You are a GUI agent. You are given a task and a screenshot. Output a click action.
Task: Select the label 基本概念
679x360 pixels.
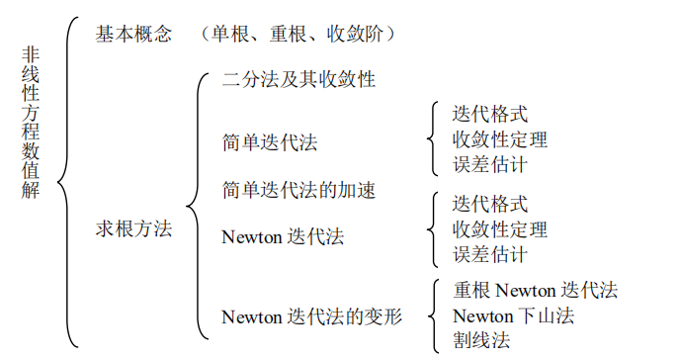tap(132, 34)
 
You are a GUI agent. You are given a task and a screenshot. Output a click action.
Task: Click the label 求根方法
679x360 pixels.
tap(132, 228)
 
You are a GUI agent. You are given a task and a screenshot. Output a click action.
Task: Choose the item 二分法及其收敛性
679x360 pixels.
tap(298, 79)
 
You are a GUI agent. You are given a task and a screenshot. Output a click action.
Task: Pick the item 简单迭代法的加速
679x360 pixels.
tap(298, 190)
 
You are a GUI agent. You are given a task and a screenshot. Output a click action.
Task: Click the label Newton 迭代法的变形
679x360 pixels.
tap(312, 316)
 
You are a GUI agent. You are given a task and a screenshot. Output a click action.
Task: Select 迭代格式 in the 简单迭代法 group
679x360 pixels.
tap(490, 114)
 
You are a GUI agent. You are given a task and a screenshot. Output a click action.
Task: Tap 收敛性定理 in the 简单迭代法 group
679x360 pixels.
tap(500, 139)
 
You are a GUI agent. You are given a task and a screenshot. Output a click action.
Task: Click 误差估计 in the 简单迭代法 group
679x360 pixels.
tap(490, 164)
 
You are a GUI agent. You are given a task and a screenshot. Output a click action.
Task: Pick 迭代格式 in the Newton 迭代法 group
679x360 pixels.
tap(490, 205)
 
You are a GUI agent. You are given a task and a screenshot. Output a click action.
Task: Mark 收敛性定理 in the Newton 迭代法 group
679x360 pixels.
tap(500, 229)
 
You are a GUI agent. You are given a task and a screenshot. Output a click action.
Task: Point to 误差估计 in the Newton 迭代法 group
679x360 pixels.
tap(490, 254)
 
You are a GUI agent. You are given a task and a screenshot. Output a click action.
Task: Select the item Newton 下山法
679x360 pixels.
tap(513, 316)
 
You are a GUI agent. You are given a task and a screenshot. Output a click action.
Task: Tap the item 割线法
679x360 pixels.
tap(481, 341)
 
